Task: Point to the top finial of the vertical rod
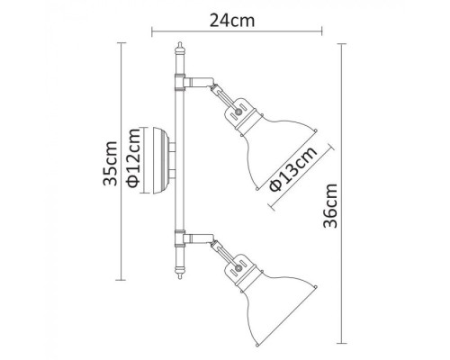[180, 49]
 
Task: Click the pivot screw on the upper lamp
[237, 111]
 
